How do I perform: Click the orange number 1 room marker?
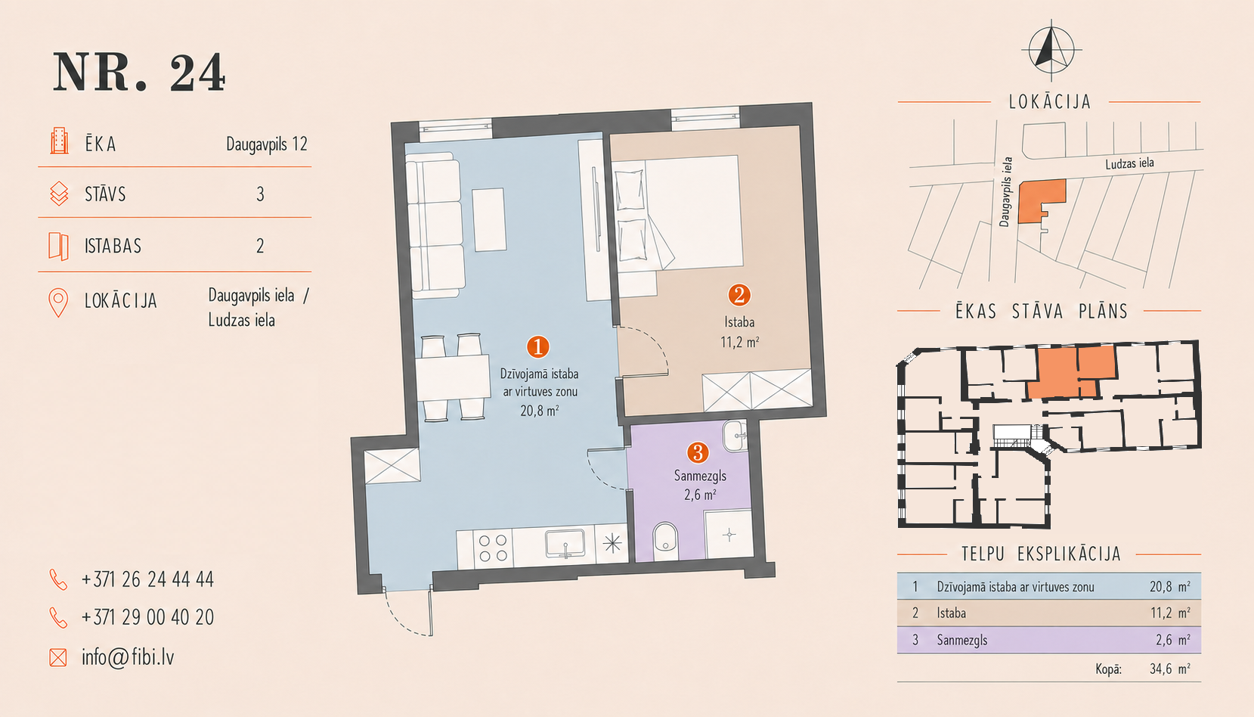(x=537, y=347)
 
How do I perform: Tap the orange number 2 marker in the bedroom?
(x=739, y=295)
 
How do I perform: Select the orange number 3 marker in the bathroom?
(x=698, y=452)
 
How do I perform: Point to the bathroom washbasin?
(x=735, y=436)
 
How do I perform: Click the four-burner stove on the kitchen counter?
(x=493, y=548)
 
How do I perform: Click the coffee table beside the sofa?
(x=489, y=219)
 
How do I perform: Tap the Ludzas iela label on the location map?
(x=1129, y=163)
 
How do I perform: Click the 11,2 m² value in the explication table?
(x=1170, y=613)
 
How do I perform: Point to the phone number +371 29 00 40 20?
(x=148, y=617)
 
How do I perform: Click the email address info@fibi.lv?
(x=128, y=657)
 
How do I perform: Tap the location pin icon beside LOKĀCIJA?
(x=58, y=303)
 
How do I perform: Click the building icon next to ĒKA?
(x=59, y=141)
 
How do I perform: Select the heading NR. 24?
(x=139, y=73)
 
